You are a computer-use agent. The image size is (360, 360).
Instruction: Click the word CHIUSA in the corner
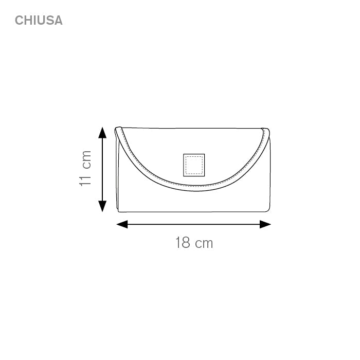39,20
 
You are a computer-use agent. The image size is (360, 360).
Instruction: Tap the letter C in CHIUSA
19,20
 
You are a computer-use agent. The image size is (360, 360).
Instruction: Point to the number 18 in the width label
183,242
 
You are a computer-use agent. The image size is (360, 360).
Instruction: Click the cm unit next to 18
204,244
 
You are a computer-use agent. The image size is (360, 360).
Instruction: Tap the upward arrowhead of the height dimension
102,133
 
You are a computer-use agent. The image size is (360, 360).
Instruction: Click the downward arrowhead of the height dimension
102,206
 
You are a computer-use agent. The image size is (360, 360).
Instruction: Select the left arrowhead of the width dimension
122,224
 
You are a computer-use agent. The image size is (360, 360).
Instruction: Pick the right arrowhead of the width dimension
265,224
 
